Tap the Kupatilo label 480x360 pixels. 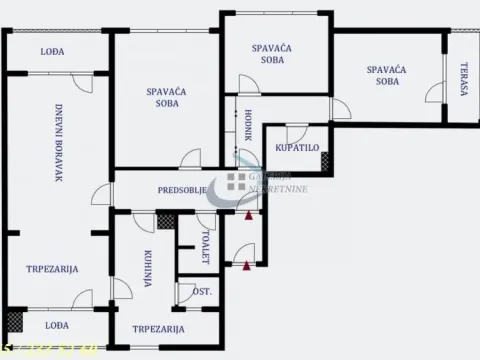pyautogui.click(x=296, y=148)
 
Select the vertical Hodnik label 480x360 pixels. pyautogui.click(x=247, y=127)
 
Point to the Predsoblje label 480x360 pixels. pyautogui.click(x=182, y=190)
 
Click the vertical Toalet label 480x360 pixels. pyautogui.click(x=206, y=247)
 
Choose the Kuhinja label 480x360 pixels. pyautogui.click(x=147, y=268)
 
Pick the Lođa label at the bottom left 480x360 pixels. pyautogui.click(x=56, y=325)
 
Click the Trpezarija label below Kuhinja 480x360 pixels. pyautogui.click(x=158, y=329)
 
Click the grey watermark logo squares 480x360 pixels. pyautogui.click(x=236, y=181)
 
